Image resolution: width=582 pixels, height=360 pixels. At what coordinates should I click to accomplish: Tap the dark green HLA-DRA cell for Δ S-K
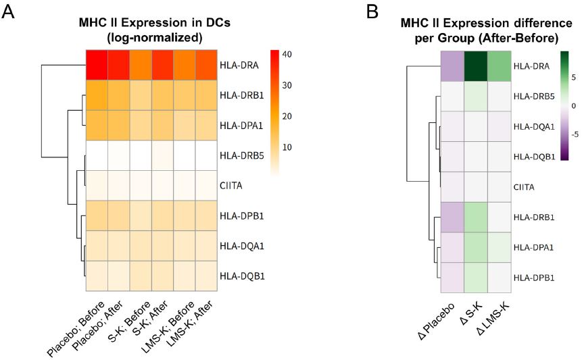tap(476, 66)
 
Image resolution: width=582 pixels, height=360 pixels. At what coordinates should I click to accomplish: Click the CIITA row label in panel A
tap(231, 187)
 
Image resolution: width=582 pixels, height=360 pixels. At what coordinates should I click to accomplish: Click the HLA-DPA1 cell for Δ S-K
tap(476, 248)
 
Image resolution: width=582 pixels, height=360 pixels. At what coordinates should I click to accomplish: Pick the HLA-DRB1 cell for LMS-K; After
tap(206, 95)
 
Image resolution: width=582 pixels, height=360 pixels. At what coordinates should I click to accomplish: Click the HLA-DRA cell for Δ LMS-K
tap(499, 66)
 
